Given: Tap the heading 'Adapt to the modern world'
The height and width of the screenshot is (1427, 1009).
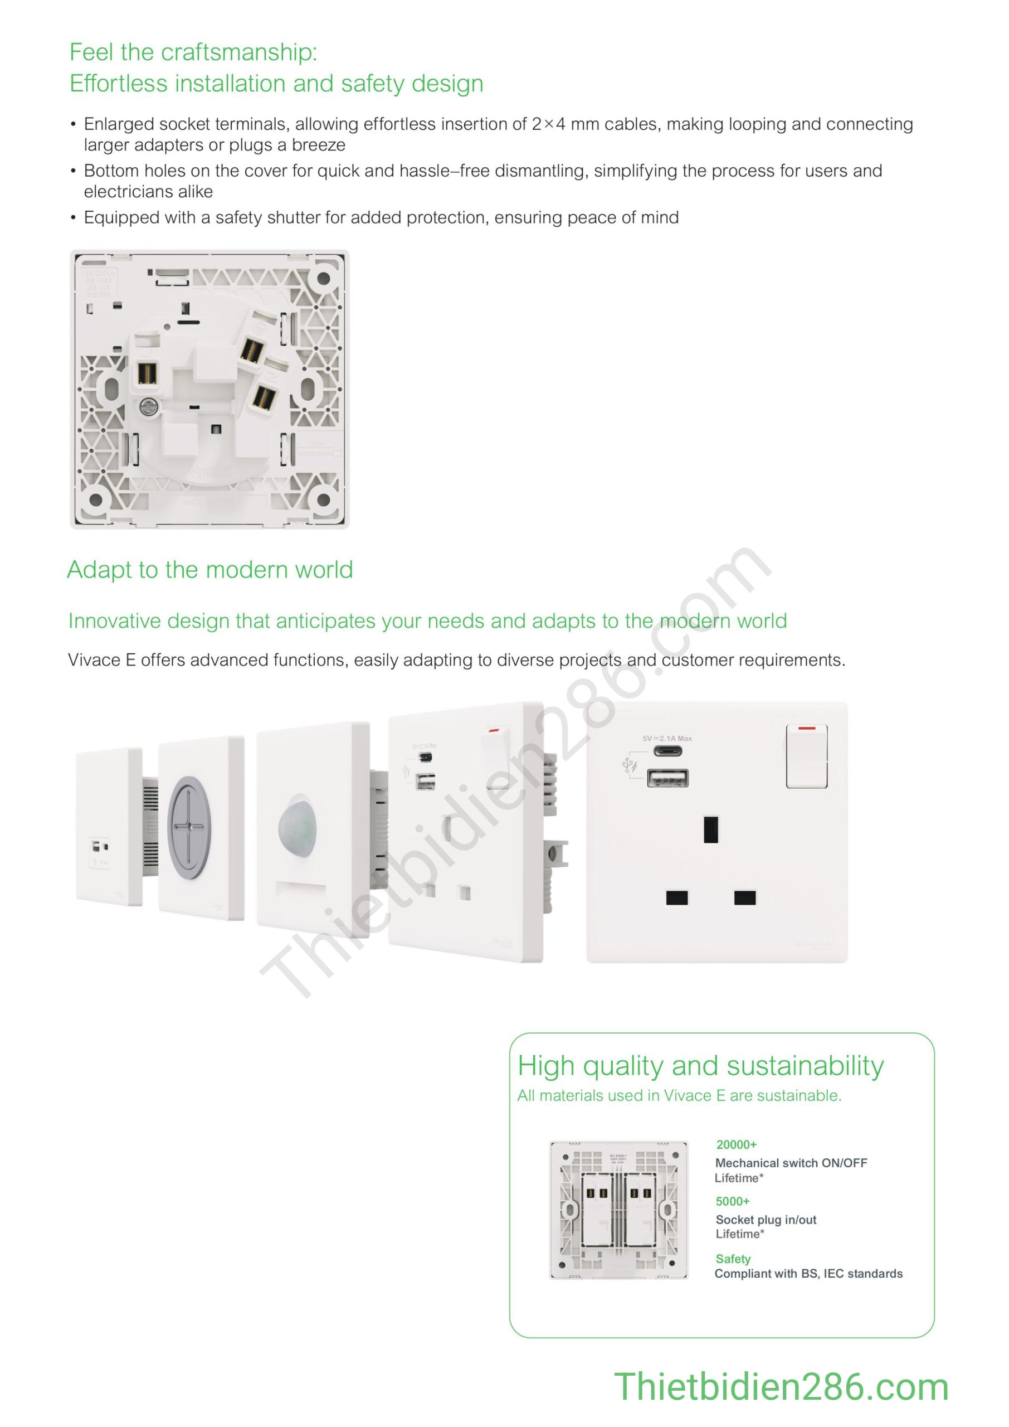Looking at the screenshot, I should tap(210, 569).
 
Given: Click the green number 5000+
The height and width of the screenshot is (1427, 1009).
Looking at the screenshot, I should tap(733, 1201).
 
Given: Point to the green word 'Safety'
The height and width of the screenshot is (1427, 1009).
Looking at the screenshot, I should tap(733, 1259).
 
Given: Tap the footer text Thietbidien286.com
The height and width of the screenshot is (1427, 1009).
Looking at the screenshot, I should tap(781, 1387).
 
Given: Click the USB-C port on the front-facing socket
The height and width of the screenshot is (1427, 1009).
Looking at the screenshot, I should tap(667, 751).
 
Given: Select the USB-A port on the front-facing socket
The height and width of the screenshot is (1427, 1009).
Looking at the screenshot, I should tap(667, 778).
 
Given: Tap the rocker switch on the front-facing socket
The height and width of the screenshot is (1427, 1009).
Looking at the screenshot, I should tap(806, 756).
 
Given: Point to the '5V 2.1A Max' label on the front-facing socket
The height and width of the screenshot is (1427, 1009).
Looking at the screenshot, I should tap(667, 739).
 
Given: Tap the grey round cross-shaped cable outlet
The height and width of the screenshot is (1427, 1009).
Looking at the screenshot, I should tap(189, 827).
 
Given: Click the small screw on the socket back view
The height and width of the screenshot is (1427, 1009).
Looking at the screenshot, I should tap(149, 407).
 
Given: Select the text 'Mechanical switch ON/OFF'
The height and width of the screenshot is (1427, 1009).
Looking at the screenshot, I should tap(791, 1163).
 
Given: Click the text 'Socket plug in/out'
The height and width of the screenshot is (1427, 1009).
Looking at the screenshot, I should tap(766, 1220).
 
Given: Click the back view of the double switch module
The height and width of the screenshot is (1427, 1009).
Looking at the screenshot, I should tap(619, 1210).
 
